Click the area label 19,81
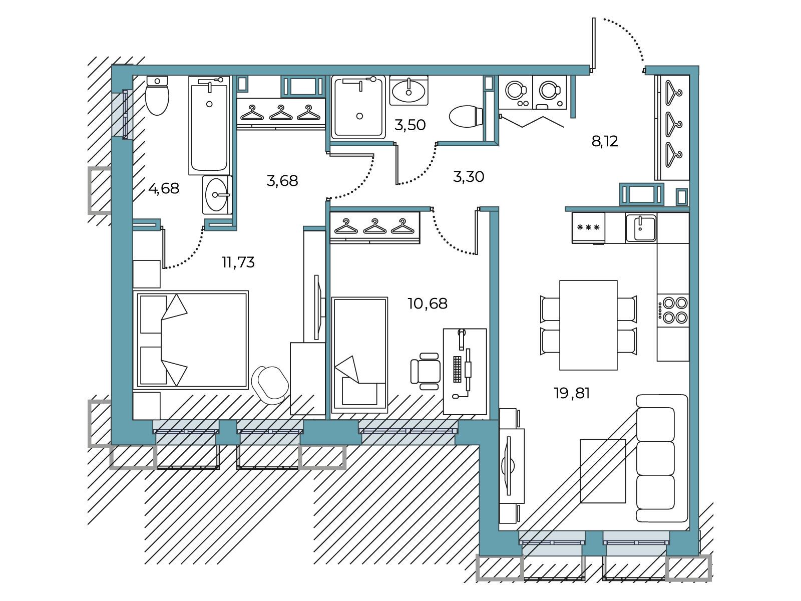click(572, 393)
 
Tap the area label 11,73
click(238, 262)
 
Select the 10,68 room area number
click(428, 304)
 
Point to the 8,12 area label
click(605, 141)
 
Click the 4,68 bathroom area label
click(164, 189)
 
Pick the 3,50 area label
click(410, 125)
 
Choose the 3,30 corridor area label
click(469, 177)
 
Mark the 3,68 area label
click(282, 181)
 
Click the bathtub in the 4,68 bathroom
click(209, 125)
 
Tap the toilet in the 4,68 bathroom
click(157, 95)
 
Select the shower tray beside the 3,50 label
click(358, 107)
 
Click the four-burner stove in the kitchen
click(673, 310)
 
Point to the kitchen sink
click(641, 228)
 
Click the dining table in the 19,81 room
click(588, 325)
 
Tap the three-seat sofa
click(662, 458)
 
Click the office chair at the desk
click(425, 371)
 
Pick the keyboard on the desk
click(457, 369)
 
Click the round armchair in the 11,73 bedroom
click(270, 385)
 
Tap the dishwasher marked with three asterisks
click(588, 228)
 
